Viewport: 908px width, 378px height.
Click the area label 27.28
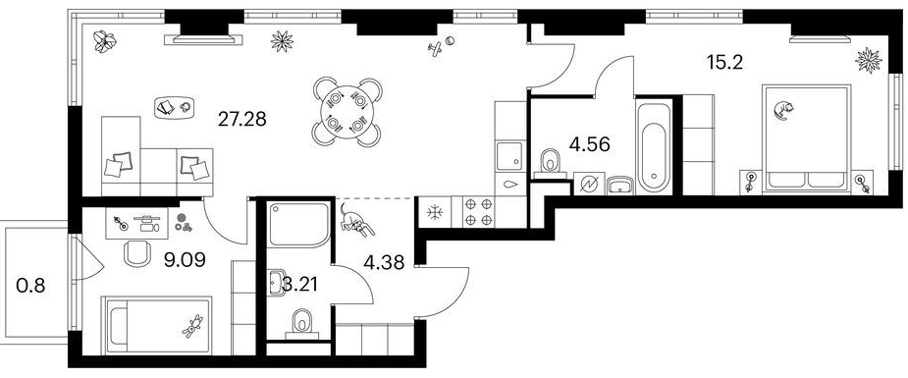(242, 119)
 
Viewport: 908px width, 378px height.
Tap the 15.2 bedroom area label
(725, 61)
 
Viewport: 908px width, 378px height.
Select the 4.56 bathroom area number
(590, 143)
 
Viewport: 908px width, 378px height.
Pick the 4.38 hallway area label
(384, 262)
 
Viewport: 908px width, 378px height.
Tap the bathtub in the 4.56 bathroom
(653, 147)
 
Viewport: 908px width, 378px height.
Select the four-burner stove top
(478, 212)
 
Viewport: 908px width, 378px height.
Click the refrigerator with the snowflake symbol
(434, 212)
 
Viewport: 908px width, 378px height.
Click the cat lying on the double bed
(782, 109)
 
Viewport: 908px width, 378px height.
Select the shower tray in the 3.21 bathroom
(298, 224)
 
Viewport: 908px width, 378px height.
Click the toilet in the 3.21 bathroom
(301, 322)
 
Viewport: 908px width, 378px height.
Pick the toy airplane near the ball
(434, 49)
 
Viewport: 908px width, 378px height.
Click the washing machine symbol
(589, 184)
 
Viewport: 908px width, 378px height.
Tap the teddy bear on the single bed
(192, 327)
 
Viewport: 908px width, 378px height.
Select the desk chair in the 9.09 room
(137, 253)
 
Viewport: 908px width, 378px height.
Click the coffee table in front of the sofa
(174, 107)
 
